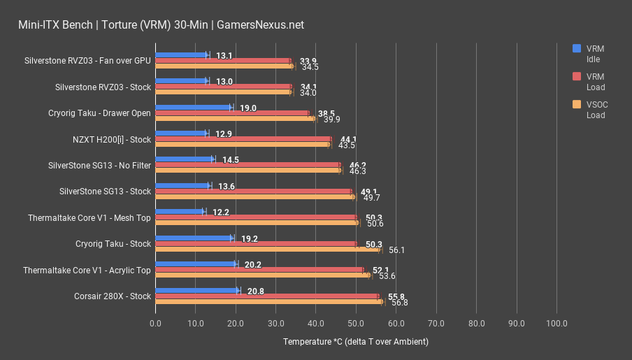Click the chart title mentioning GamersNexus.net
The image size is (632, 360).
(161, 25)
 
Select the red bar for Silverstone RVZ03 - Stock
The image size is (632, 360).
(223, 87)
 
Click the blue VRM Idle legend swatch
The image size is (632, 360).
(577, 48)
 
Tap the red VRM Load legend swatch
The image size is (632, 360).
(577, 77)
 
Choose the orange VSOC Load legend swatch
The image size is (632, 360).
(577, 105)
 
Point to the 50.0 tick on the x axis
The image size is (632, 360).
(356, 324)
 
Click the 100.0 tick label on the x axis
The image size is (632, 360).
(556, 324)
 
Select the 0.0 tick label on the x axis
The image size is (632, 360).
(155, 324)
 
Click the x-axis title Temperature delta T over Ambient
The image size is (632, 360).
(355, 342)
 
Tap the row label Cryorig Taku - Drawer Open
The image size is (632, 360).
(99, 113)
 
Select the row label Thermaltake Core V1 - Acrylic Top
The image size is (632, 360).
(87, 270)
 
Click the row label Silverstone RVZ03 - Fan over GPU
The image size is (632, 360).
(87, 60)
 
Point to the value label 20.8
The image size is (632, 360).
(256, 291)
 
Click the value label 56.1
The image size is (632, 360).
(398, 250)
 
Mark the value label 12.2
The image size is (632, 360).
(220, 212)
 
